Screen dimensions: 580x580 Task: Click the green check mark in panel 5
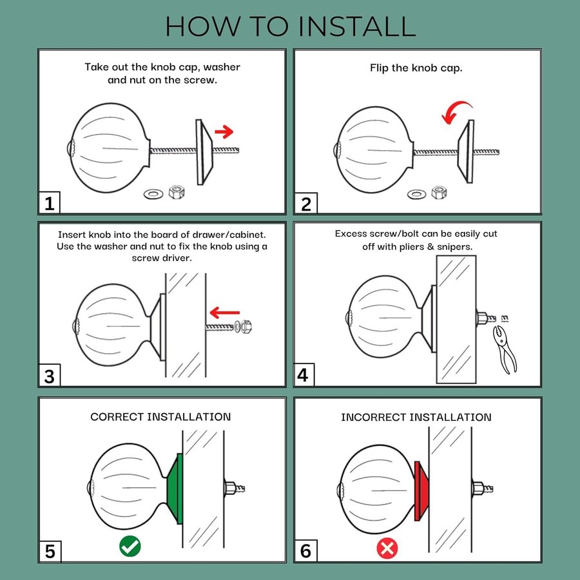coord(130,546)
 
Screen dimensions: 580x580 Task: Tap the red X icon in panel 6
coord(387,548)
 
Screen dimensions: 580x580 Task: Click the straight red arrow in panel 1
coord(224,131)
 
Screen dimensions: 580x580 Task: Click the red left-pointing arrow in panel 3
coord(224,313)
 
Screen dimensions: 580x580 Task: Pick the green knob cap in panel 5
coord(175,488)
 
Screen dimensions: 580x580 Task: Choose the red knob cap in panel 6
coord(421,491)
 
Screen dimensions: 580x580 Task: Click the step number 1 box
coord(49,203)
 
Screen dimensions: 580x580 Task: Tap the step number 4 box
coord(304,375)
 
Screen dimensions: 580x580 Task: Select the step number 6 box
coord(305,551)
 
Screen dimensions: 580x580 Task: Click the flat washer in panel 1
coord(153,194)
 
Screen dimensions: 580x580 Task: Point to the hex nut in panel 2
coord(439,193)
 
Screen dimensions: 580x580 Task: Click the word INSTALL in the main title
coord(357,26)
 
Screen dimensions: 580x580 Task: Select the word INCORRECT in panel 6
coord(374,417)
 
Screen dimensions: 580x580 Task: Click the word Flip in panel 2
coord(378,68)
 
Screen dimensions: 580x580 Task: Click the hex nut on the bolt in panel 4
coord(482,318)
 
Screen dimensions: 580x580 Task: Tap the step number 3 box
coord(49,376)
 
